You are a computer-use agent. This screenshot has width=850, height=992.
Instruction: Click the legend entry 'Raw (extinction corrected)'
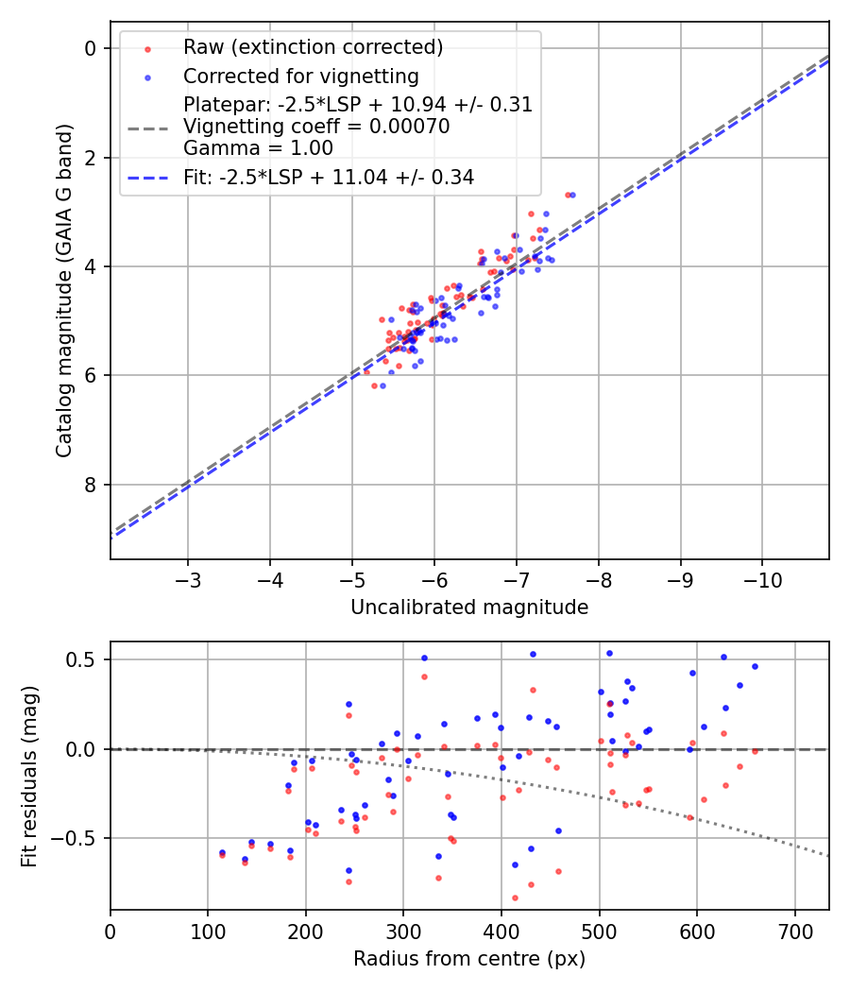coord(313,47)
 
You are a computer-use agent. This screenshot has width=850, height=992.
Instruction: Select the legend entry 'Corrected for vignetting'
coord(301,76)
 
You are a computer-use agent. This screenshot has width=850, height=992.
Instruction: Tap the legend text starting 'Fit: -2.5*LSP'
coord(329,177)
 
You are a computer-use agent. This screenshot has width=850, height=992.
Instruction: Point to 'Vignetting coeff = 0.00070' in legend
coord(316,127)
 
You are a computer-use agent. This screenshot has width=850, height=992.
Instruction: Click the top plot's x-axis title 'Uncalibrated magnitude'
coord(469,607)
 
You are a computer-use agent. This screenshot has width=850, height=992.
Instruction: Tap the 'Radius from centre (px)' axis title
coord(469,959)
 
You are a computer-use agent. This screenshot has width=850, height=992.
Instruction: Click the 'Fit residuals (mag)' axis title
coord(29,776)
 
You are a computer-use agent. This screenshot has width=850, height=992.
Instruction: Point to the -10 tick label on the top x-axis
coord(763,579)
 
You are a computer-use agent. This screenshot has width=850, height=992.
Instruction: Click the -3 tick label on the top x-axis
coord(188,579)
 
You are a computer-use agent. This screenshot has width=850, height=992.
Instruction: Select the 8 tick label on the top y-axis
coord(92,485)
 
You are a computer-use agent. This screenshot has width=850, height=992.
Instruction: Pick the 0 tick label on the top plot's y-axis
coord(92,48)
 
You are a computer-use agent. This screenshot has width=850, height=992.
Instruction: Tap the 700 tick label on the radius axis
coord(794,931)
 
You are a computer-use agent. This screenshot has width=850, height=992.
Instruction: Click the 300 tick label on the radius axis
coord(403,931)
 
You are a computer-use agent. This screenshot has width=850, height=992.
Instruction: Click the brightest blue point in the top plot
coord(572,195)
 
